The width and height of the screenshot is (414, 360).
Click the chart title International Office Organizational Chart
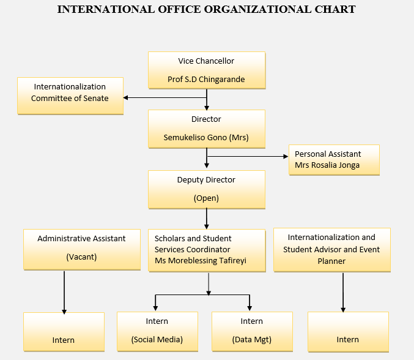(206, 9)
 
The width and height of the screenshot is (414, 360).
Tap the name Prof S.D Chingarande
(206, 80)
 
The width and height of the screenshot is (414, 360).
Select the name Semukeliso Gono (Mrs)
(206, 137)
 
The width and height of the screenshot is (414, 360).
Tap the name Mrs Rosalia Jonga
(327, 165)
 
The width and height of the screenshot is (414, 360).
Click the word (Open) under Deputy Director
(206, 198)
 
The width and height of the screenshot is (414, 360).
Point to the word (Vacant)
(81, 257)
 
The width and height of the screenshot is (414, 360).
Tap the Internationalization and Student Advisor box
(331, 249)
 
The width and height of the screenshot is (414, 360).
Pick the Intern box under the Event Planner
(348, 332)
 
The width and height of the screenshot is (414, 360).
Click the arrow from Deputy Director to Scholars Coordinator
(207, 219)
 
